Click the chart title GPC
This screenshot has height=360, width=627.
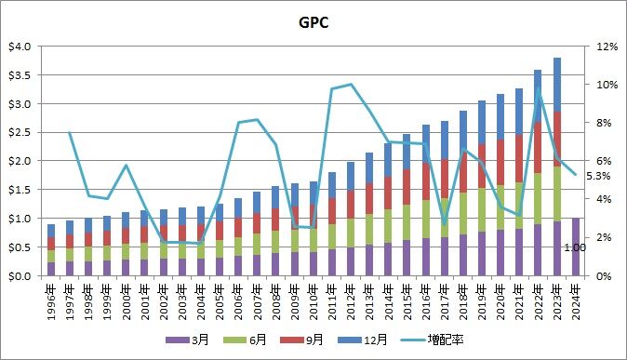313,22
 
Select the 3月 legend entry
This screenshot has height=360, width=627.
188,340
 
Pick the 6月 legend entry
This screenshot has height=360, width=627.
245,340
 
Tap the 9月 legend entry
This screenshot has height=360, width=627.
302,340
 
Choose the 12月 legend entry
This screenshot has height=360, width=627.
363,340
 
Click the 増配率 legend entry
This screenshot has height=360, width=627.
433,340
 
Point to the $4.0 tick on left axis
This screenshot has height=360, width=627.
20,47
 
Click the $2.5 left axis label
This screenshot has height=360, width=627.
20,132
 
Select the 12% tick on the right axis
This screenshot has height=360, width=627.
607,47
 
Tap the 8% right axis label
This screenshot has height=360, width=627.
604,123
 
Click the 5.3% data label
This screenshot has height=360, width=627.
598,176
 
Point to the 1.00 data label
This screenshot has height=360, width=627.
575,248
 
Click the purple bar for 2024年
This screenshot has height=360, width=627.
576,247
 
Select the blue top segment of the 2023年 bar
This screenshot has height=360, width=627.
557,85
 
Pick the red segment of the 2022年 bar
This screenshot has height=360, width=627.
538,148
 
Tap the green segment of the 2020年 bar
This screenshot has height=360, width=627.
500,207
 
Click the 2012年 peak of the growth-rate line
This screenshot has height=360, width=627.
351,84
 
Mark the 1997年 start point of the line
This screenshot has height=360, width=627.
69,132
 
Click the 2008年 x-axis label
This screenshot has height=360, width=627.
275,302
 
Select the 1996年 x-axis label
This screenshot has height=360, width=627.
50,302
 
